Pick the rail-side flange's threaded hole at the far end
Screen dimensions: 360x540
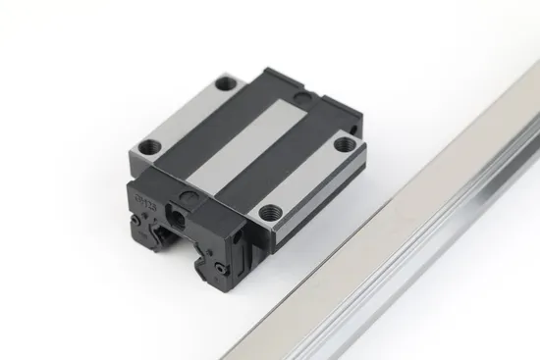(x=344, y=144)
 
